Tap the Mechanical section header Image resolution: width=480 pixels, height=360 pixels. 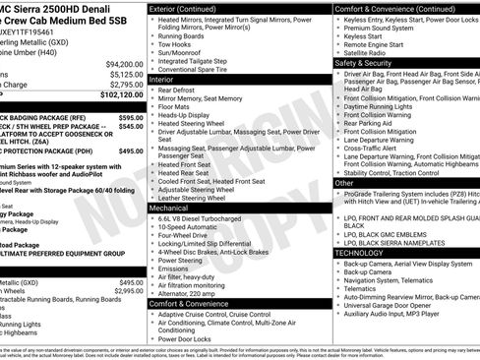(176, 209)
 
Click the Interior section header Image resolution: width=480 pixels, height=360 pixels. (168, 79)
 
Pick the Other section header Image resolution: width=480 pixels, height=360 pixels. (345, 183)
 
